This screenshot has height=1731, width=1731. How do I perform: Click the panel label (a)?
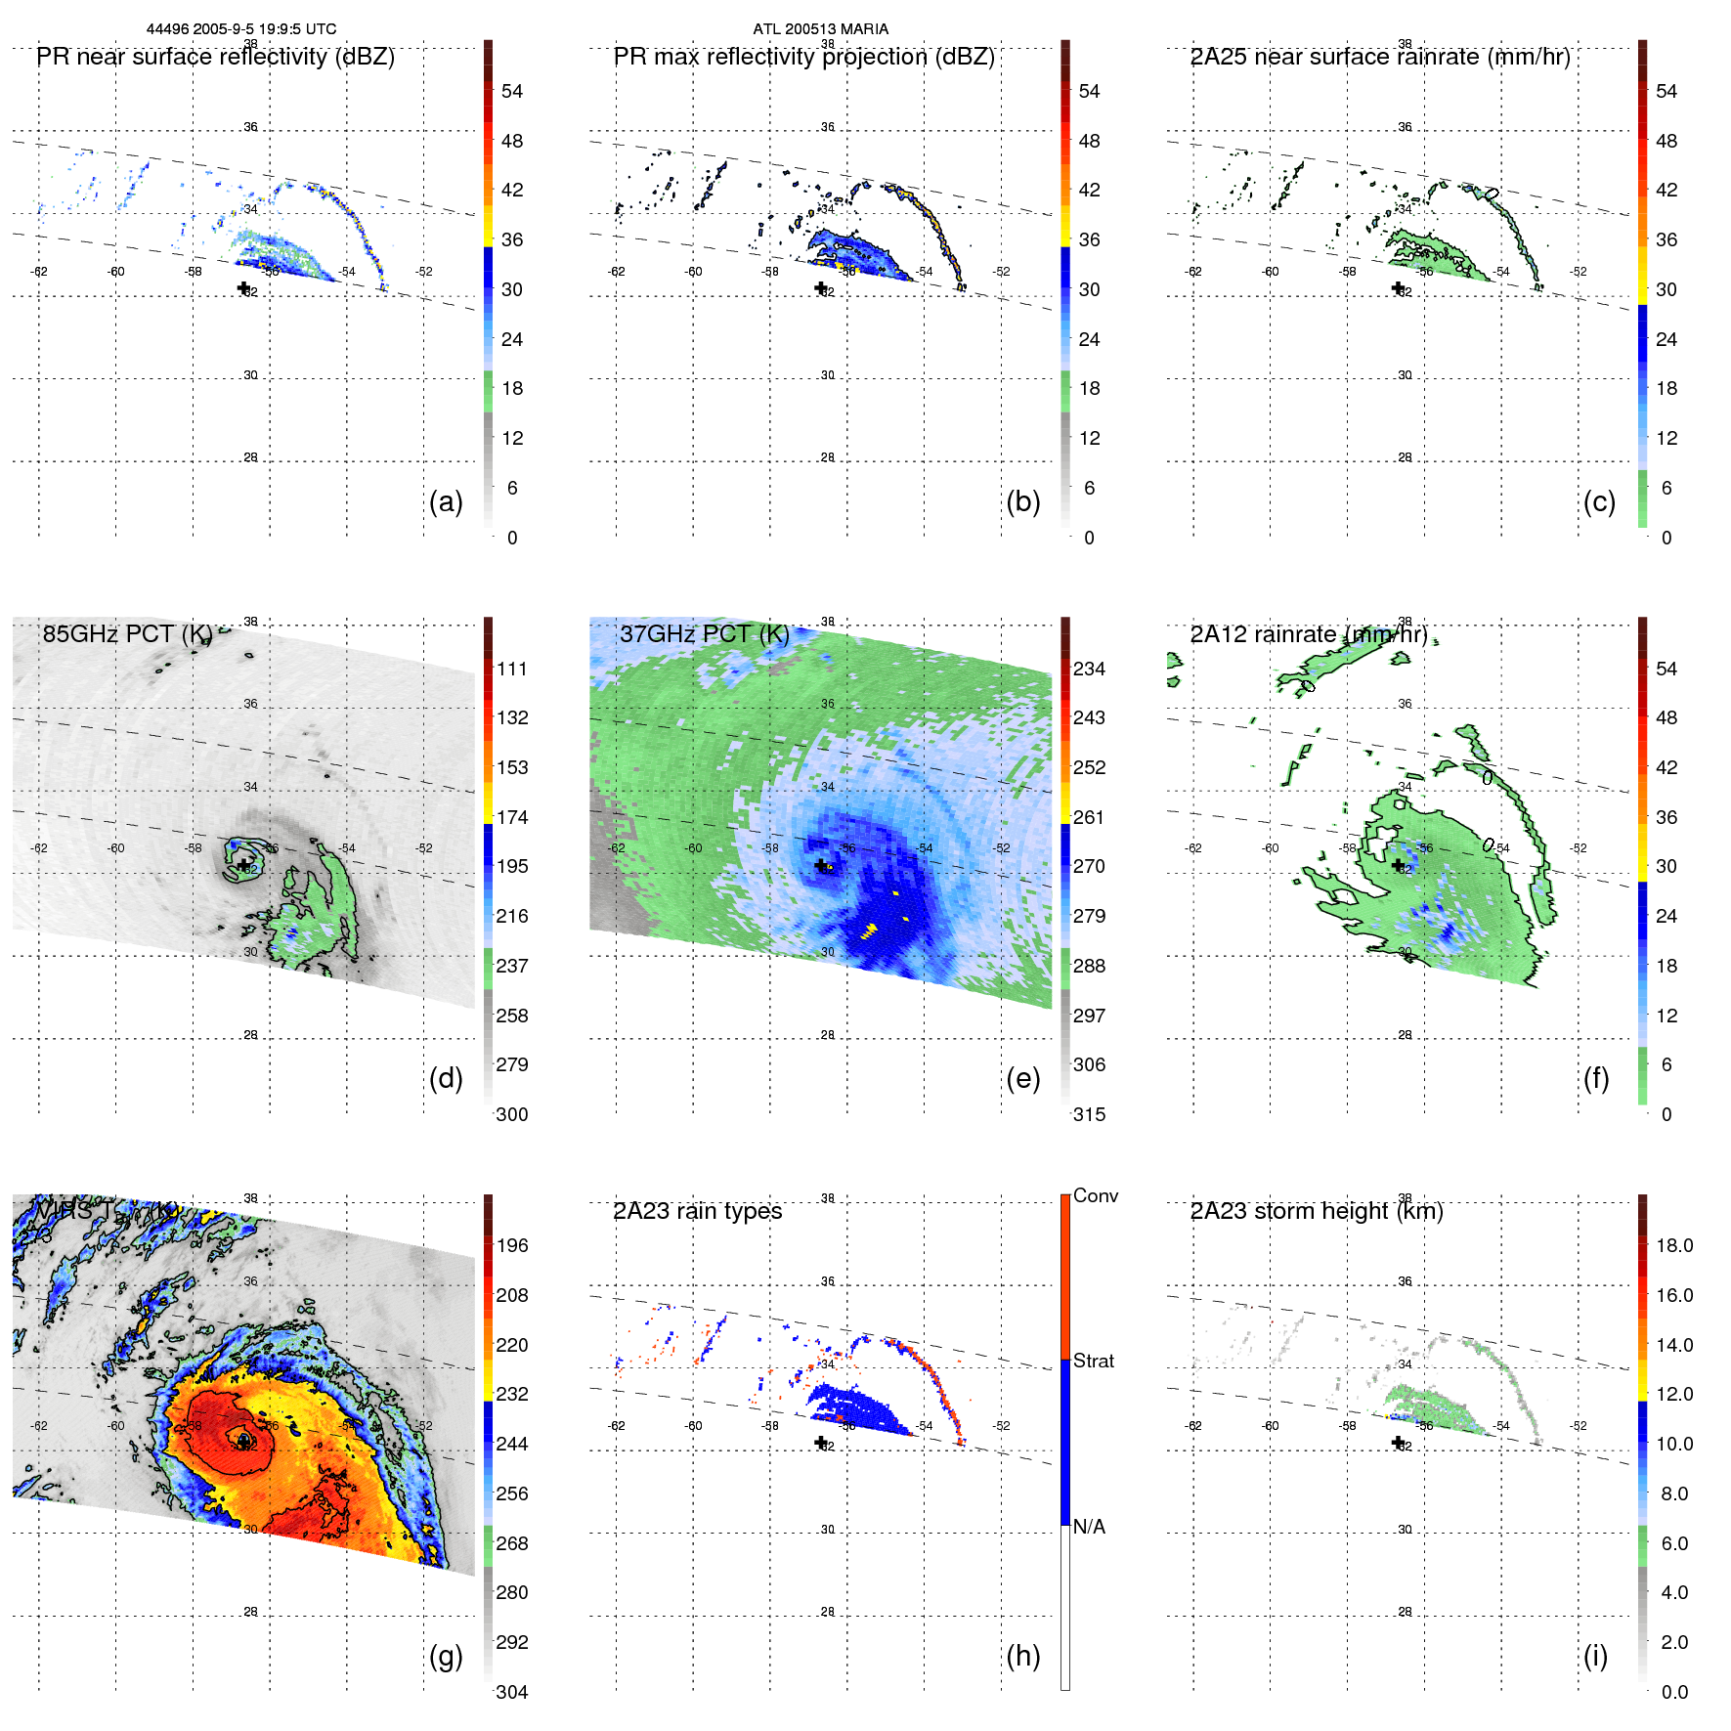pyautogui.click(x=446, y=502)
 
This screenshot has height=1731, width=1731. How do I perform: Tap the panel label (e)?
pyautogui.click(x=1022, y=1079)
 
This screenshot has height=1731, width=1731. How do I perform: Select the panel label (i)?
pyautogui.click(x=1595, y=1657)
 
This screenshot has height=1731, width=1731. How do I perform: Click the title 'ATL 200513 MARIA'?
pyautogui.click(x=820, y=29)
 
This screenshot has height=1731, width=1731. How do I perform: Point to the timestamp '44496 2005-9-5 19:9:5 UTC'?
pyautogui.click(x=241, y=29)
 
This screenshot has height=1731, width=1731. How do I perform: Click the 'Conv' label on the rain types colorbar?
pyautogui.click(x=1095, y=1196)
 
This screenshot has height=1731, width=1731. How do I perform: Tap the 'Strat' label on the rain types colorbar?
pyautogui.click(x=1093, y=1362)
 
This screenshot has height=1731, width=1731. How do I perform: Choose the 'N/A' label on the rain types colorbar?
pyautogui.click(x=1089, y=1527)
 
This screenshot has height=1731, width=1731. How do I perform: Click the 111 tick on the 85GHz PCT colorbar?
pyautogui.click(x=512, y=670)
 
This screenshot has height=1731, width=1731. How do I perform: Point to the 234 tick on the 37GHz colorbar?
pyautogui.click(x=1089, y=670)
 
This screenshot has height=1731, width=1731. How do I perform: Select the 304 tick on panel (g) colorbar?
pyautogui.click(x=512, y=1692)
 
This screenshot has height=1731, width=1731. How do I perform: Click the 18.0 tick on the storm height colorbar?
pyautogui.click(x=1673, y=1246)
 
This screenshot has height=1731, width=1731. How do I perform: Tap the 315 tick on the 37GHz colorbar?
pyautogui.click(x=1089, y=1115)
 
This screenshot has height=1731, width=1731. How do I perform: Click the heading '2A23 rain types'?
pyautogui.click(x=697, y=1212)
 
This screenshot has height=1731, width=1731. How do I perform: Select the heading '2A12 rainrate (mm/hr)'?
pyautogui.click(x=1309, y=635)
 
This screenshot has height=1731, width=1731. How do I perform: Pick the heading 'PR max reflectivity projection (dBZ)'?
pyautogui.click(x=803, y=58)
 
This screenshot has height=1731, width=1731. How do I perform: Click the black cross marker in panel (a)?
pyautogui.click(x=243, y=287)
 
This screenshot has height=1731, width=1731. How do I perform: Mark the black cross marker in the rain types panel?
pyautogui.click(x=821, y=1442)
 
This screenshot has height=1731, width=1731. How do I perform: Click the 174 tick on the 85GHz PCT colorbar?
pyautogui.click(x=512, y=818)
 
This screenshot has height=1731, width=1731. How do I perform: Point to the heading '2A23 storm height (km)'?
pyautogui.click(x=1317, y=1212)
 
